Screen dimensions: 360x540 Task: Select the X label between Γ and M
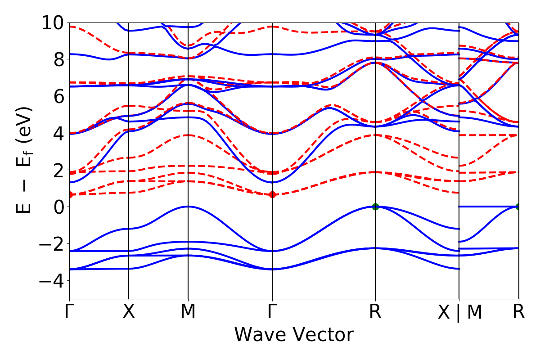click(129, 311)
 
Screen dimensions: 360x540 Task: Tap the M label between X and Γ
click(188, 311)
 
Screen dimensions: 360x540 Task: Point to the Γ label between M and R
click(272, 311)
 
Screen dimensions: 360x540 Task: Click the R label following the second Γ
click(375, 311)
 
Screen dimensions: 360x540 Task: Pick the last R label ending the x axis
click(519, 311)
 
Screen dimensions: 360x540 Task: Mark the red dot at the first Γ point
click(70, 194)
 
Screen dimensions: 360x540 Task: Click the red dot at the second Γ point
click(272, 194)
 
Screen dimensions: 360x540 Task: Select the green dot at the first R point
click(375, 207)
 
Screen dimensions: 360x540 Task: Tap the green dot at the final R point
click(518, 207)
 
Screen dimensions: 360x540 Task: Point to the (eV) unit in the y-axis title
click(25, 124)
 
